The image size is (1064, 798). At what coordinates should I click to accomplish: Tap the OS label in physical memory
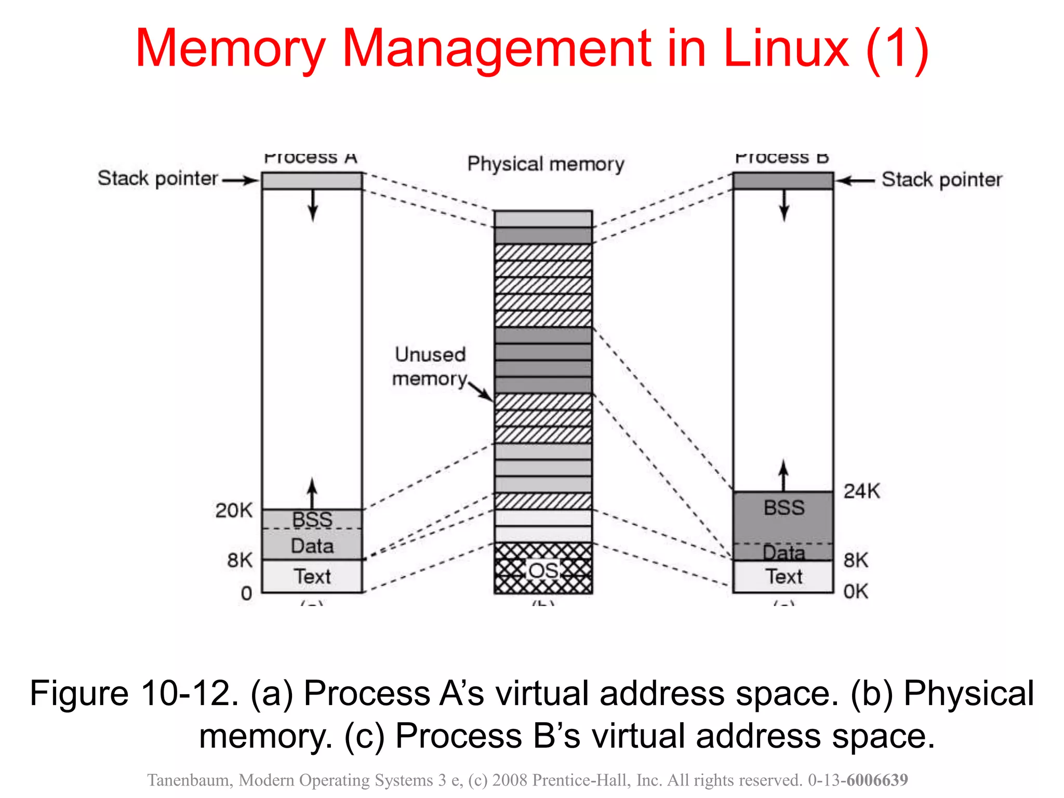tap(543, 570)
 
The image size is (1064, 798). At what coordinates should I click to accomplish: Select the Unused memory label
tap(430, 366)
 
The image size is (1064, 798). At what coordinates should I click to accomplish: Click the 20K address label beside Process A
tap(234, 510)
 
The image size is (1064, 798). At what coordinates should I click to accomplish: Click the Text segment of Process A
tap(312, 576)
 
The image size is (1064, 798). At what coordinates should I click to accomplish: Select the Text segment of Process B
tap(783, 577)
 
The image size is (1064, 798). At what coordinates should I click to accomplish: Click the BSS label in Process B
tap(783, 508)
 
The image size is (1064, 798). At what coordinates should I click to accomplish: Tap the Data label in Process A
tap(312, 546)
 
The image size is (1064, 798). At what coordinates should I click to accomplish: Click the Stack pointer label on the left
tap(157, 178)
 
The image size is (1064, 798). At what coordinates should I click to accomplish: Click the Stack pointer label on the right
tap(941, 180)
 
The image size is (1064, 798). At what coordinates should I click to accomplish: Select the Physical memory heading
tap(546, 164)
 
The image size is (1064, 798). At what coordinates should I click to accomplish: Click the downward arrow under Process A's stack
tap(312, 206)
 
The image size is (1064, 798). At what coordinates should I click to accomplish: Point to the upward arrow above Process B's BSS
tap(783, 475)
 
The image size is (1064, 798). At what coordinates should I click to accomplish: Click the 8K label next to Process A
tap(240, 560)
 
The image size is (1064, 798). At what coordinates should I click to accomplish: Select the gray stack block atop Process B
tap(783, 181)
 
